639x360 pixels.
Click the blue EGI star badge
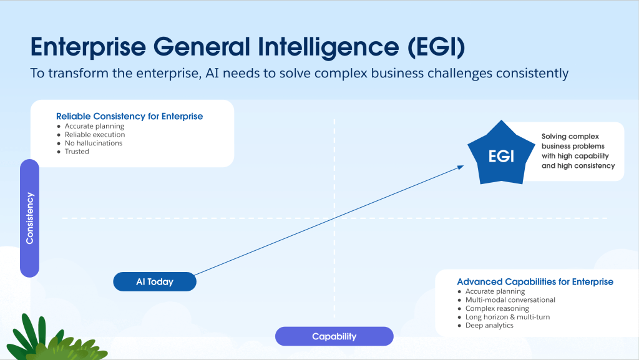tap(501, 154)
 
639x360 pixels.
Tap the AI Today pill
tap(155, 282)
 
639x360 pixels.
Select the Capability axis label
tap(334, 336)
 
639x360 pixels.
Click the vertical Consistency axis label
tap(30, 218)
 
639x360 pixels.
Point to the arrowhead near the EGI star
tap(461, 167)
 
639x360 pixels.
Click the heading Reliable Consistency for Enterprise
tap(130, 116)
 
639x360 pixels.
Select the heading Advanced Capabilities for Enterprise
tap(535, 282)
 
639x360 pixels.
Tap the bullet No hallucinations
tap(94, 143)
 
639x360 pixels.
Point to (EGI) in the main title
tap(436, 47)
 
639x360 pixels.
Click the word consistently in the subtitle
tap(532, 73)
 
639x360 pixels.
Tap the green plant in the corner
tap(57, 338)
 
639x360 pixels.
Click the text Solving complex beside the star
tap(570, 137)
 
